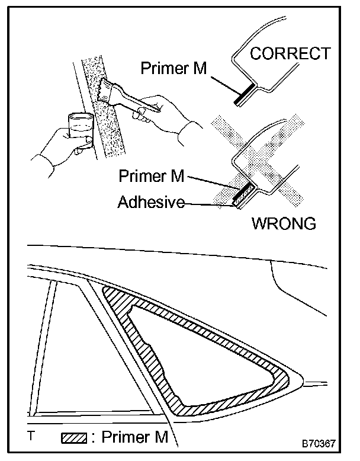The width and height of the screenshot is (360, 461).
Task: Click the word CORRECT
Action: (x=290, y=53)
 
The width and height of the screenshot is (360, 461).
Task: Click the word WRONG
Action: (x=284, y=224)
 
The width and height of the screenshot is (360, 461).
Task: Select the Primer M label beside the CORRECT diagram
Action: (x=173, y=67)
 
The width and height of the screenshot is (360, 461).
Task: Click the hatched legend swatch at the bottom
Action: (x=73, y=439)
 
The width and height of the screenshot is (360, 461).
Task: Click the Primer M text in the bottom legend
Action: (x=134, y=438)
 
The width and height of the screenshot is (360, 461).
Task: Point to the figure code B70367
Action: (x=320, y=443)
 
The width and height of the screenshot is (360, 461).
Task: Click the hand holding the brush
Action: (x=169, y=113)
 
